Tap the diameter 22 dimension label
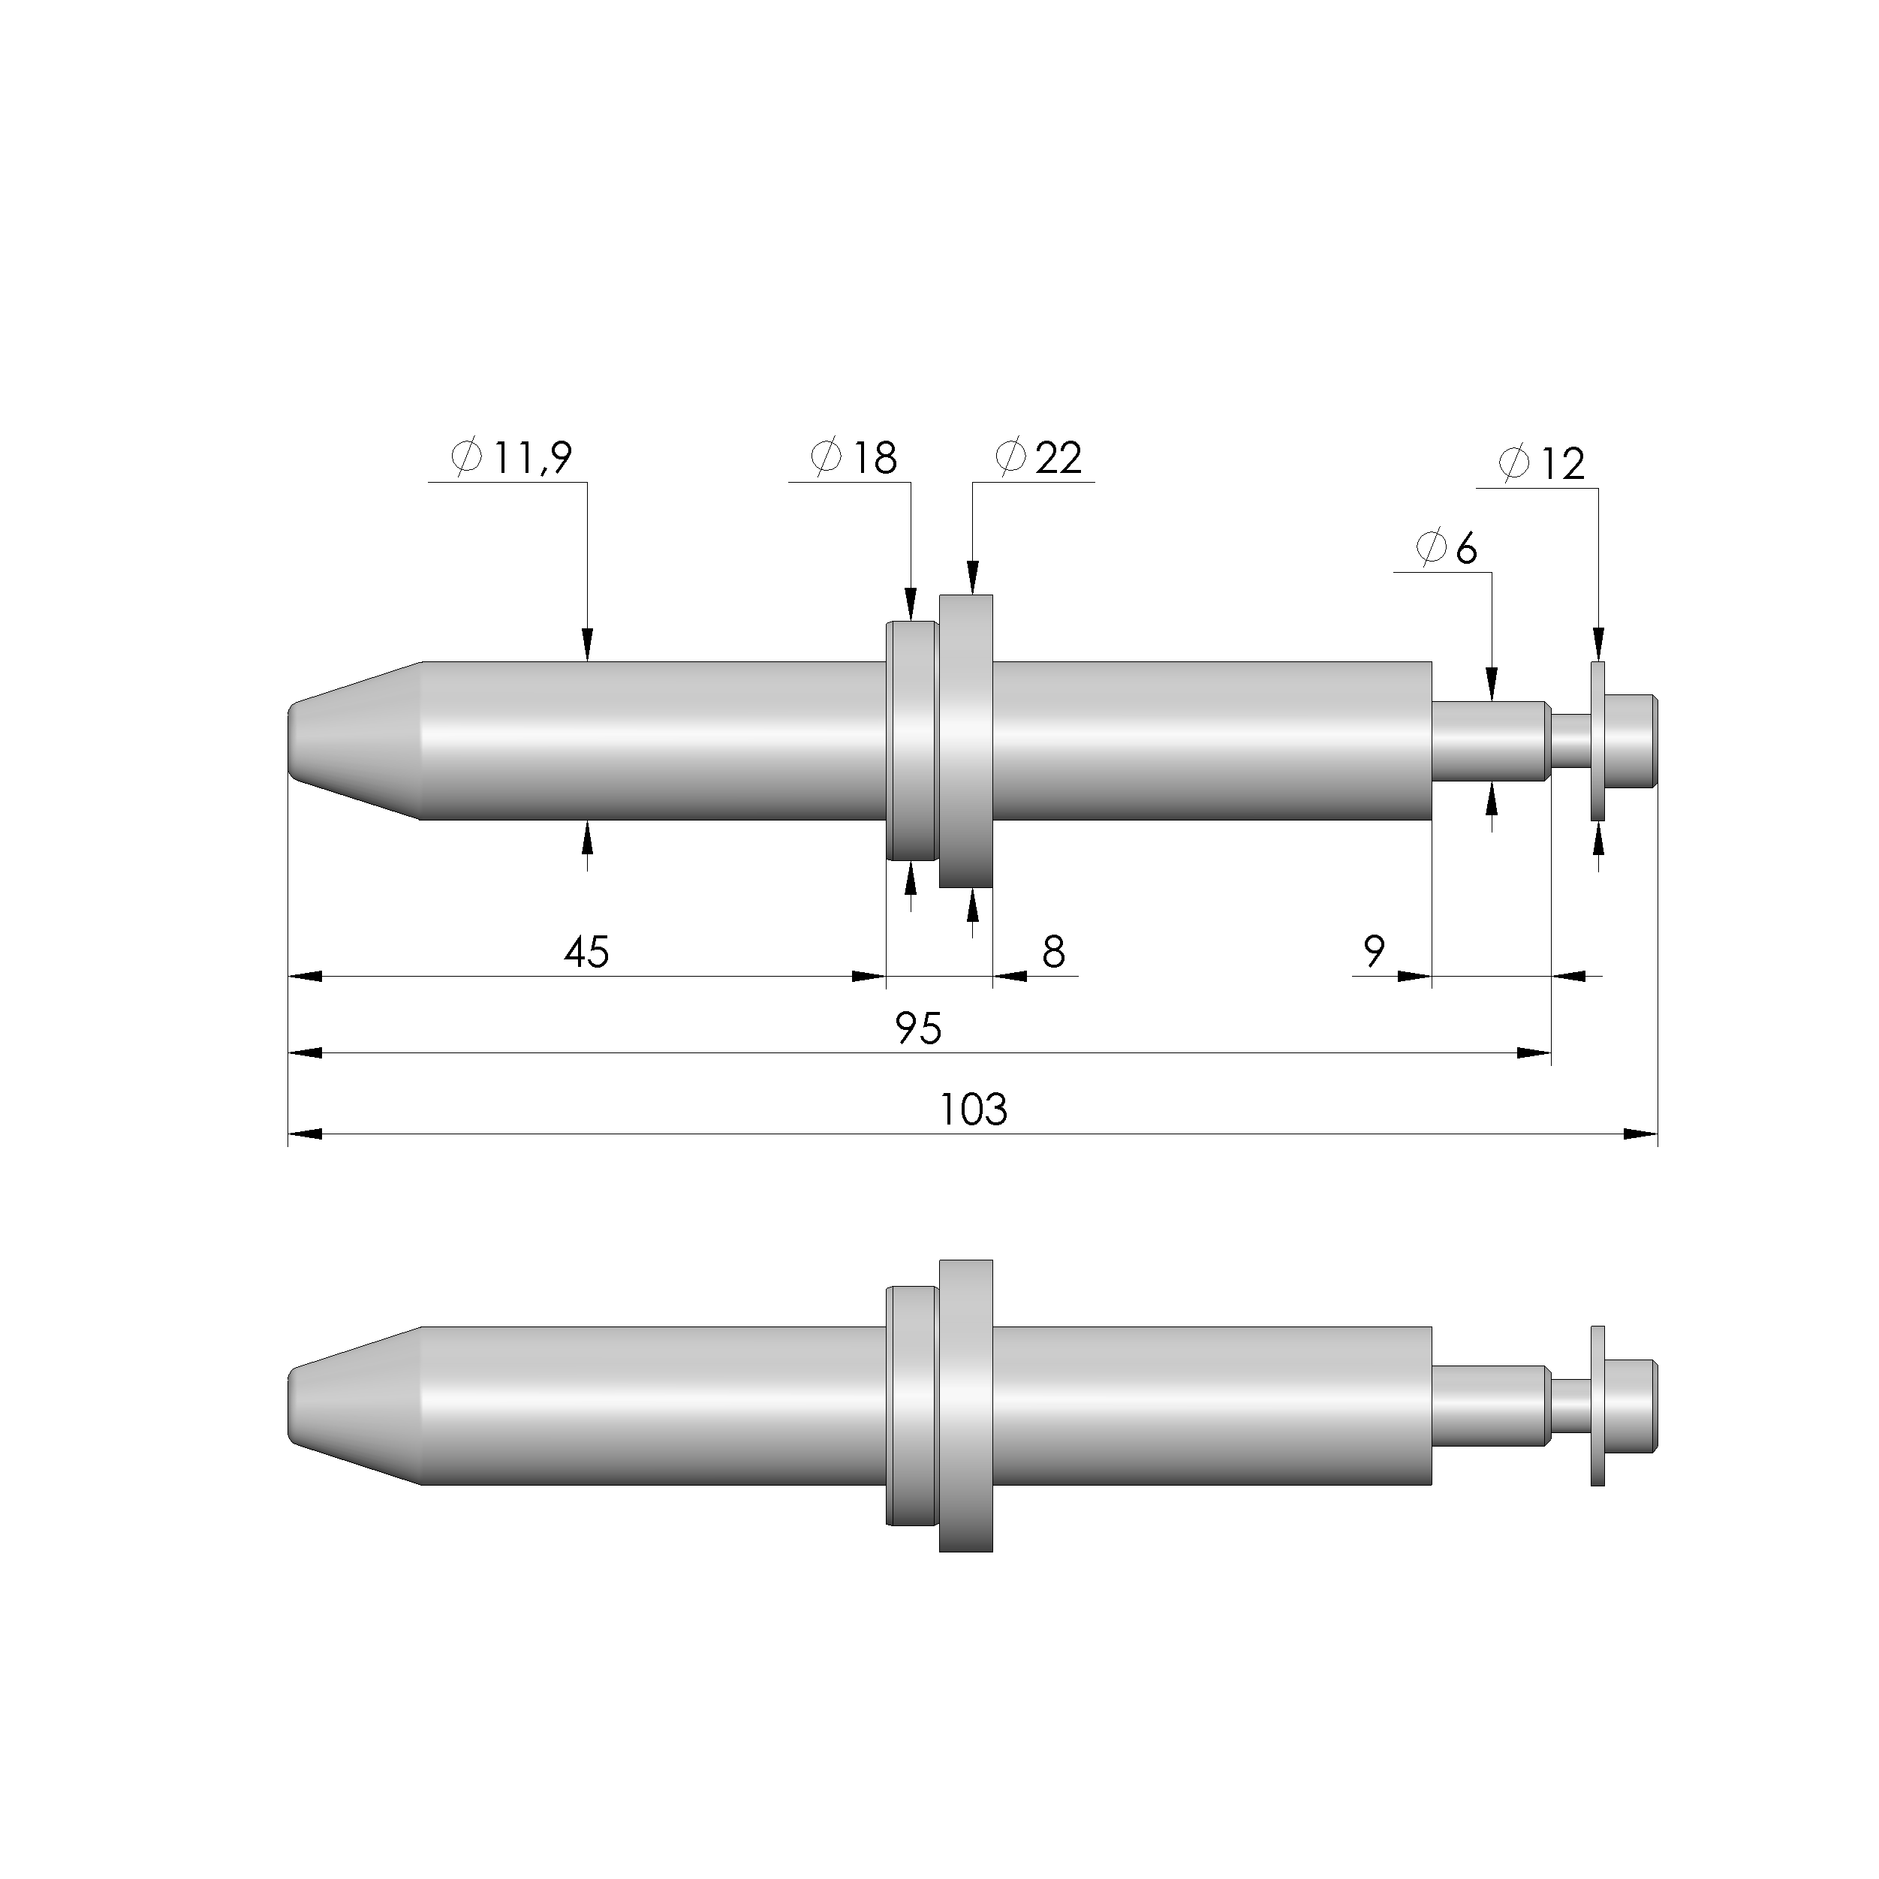tap(1040, 457)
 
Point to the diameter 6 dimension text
tap(1447, 549)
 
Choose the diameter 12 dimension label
tap(1543, 464)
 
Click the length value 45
tap(586, 952)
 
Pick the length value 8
tap(1053, 952)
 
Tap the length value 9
tap(1373, 951)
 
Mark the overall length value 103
tap(974, 1110)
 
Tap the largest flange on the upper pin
tap(965, 741)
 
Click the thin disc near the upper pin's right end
tap(1597, 741)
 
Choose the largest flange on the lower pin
tap(965, 1406)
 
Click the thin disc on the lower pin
tap(1597, 1406)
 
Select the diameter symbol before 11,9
tap(468, 457)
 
